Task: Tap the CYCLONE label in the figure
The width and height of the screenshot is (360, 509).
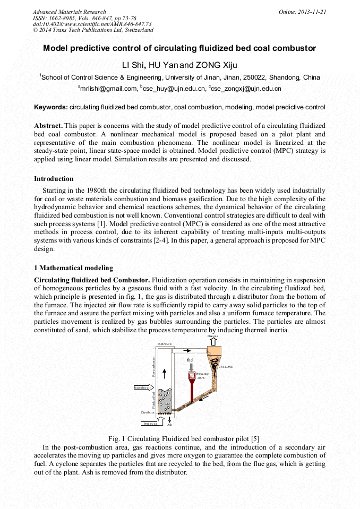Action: pos(226,367)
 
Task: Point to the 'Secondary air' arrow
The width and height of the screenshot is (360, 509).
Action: pos(143,388)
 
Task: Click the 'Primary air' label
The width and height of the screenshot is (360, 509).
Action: pos(150,424)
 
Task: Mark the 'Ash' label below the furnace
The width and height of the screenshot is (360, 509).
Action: pos(169,425)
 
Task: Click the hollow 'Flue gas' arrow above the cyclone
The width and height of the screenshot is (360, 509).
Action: pos(212,341)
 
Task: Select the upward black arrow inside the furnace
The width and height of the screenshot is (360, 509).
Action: pos(164,373)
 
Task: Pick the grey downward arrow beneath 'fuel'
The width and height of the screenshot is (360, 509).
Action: pos(191,366)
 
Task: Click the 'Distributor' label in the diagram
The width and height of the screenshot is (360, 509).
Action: pos(148,412)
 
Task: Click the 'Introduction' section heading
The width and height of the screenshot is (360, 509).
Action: pos(54,179)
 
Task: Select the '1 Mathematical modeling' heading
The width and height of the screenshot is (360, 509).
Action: pos(73,268)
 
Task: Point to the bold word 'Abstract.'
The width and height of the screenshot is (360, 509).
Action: pos(48,125)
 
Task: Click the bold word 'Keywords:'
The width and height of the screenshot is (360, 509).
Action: pos(51,107)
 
